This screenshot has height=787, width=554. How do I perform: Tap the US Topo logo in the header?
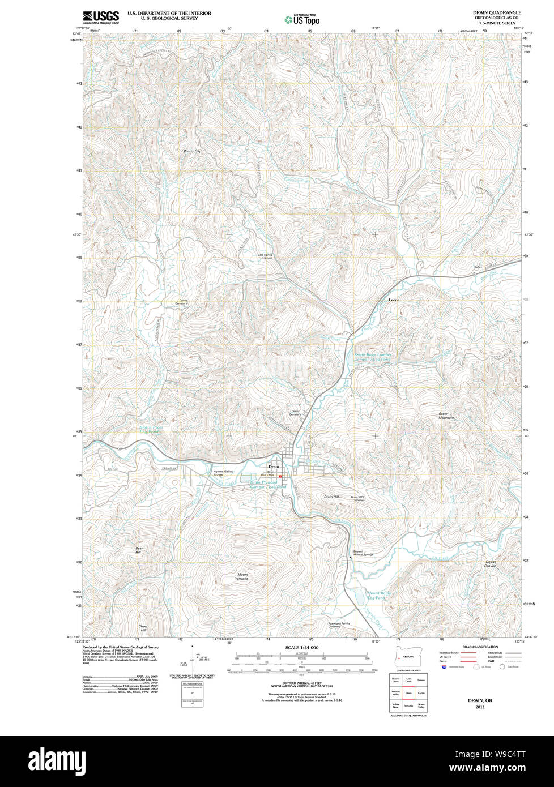pos(302,19)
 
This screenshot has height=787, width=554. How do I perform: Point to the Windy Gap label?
pos(193,151)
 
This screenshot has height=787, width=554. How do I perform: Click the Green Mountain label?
pos(446,416)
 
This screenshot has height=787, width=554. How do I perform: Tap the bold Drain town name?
pos(274,467)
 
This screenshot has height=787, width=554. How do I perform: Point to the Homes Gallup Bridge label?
pos(223,473)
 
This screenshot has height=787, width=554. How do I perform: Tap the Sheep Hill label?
pos(143,628)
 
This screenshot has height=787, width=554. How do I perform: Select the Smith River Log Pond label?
pos(151,429)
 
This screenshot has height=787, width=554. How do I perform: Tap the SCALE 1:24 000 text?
pos(302,647)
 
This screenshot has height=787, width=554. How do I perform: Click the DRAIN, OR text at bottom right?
pos(480,700)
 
